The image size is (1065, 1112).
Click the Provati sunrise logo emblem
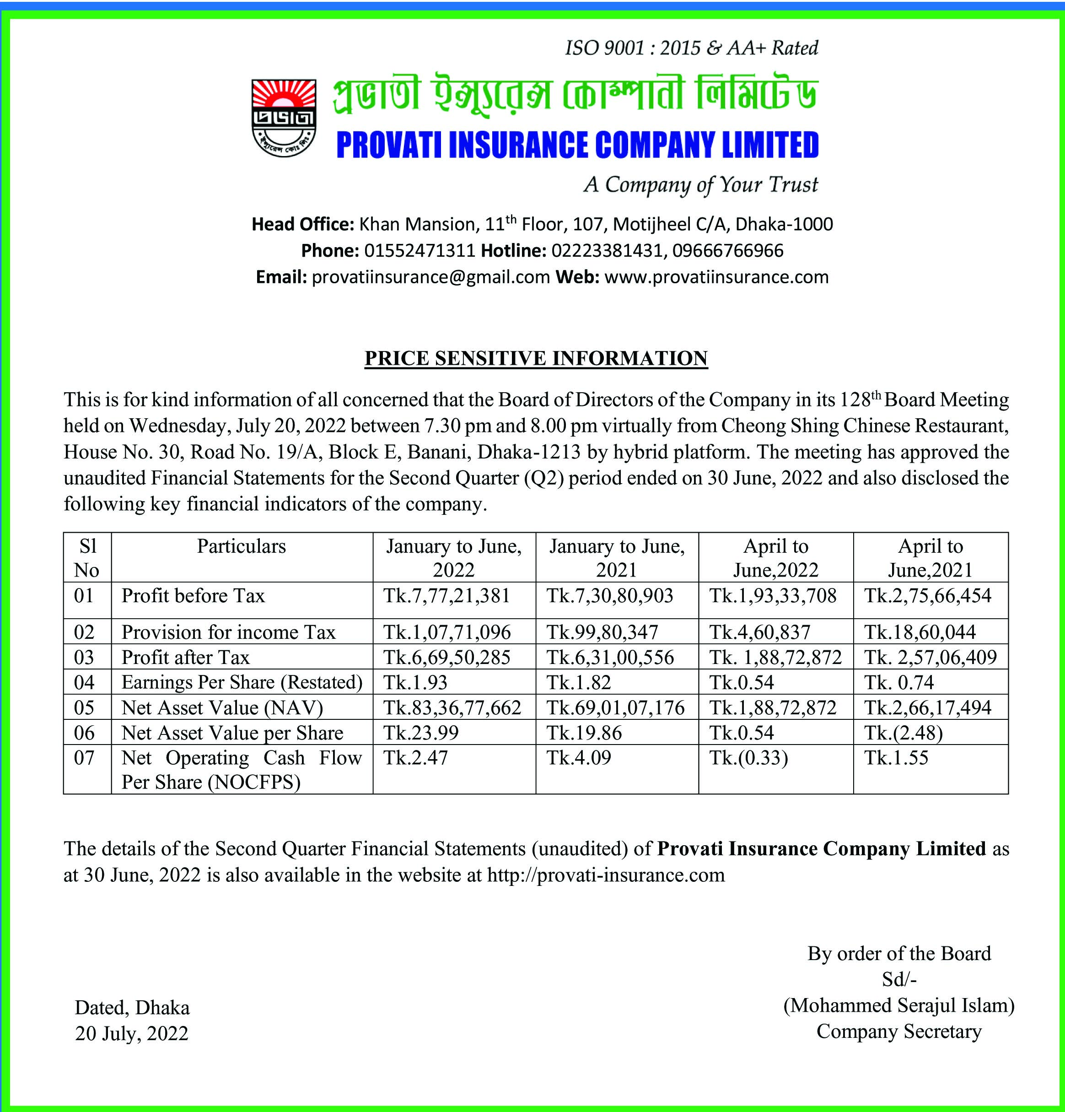[x=283, y=118]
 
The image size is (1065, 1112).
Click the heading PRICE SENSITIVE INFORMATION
[x=536, y=359]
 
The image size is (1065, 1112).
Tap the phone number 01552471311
[x=419, y=251]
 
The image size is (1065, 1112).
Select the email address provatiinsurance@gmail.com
[x=431, y=277]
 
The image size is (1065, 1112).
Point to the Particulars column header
[x=242, y=546]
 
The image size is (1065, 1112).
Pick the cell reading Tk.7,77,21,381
[x=447, y=596]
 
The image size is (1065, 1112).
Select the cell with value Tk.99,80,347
[x=602, y=632]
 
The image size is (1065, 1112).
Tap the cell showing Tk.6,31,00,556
[x=610, y=657]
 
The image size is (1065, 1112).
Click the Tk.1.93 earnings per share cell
[x=416, y=682]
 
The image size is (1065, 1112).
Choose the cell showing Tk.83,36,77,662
[x=452, y=708]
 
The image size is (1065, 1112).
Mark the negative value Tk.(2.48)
[x=904, y=733]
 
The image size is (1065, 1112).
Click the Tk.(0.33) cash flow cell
[x=748, y=758]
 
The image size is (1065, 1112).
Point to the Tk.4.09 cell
[x=579, y=758]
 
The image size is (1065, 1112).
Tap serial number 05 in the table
[x=85, y=708]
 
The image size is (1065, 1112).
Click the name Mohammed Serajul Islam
[x=899, y=1006]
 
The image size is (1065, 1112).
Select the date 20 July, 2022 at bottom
[x=132, y=1033]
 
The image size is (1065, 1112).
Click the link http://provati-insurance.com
[x=606, y=875]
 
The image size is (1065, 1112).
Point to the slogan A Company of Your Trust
[x=701, y=185]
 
